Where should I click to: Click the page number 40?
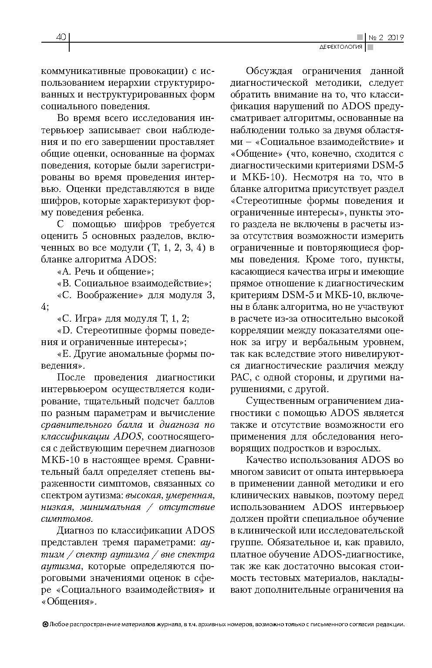coord(61,37)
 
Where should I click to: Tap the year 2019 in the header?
coord(395,37)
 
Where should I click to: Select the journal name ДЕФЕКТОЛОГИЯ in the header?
coord(341,47)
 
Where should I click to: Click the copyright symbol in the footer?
coord(45,624)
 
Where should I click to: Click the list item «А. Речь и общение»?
coord(105,272)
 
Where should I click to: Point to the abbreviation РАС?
coord(240,377)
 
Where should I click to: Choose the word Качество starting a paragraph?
coord(266,460)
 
